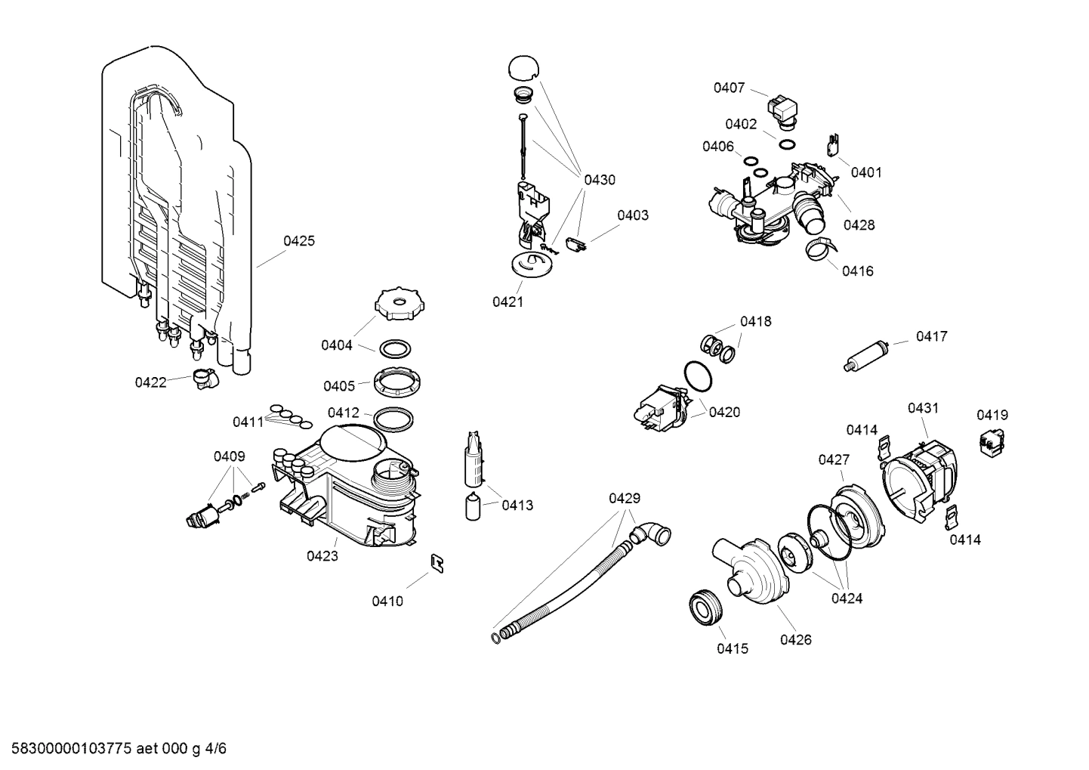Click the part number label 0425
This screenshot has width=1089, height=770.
299,241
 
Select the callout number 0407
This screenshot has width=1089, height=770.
729,88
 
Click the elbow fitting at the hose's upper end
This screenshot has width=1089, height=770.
652,534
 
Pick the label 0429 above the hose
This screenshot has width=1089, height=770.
624,498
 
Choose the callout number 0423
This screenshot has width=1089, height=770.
322,556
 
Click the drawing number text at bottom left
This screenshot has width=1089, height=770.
114,749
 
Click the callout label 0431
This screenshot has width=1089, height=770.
923,408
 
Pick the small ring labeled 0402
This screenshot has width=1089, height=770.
786,144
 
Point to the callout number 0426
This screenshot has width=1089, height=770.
795,639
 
